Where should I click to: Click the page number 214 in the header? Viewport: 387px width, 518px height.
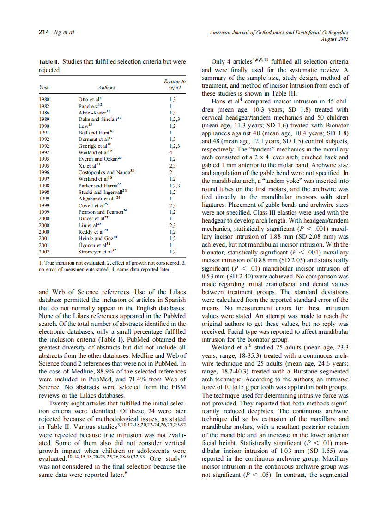(x=44, y=32)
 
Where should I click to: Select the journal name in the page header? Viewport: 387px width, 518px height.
(x=278, y=32)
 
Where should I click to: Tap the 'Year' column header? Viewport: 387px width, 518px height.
(x=44, y=87)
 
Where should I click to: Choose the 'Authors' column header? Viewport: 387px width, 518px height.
(x=107, y=87)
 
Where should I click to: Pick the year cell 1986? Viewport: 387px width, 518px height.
(x=45, y=112)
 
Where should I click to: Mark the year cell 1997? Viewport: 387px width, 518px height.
(x=45, y=179)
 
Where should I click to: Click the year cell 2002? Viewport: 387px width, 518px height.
(x=45, y=252)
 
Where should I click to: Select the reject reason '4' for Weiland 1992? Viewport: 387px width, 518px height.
(x=170, y=152)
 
